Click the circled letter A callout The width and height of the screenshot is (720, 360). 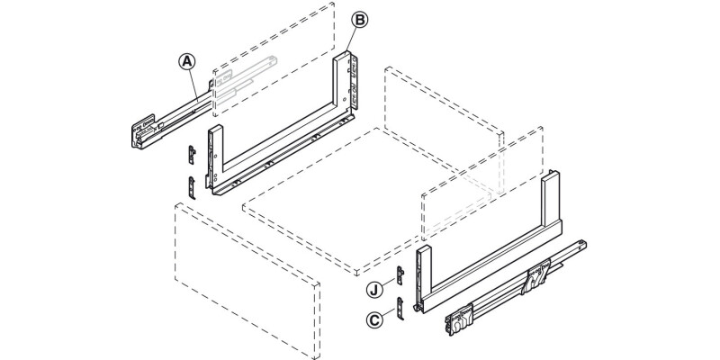pyautogui.click(x=186, y=61)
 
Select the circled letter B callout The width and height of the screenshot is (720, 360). pyautogui.click(x=358, y=19)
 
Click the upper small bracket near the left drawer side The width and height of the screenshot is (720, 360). pyautogui.click(x=191, y=154)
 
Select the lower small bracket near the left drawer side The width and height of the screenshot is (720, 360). pyautogui.click(x=191, y=187)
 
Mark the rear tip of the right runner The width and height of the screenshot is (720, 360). pyautogui.click(x=583, y=244)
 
